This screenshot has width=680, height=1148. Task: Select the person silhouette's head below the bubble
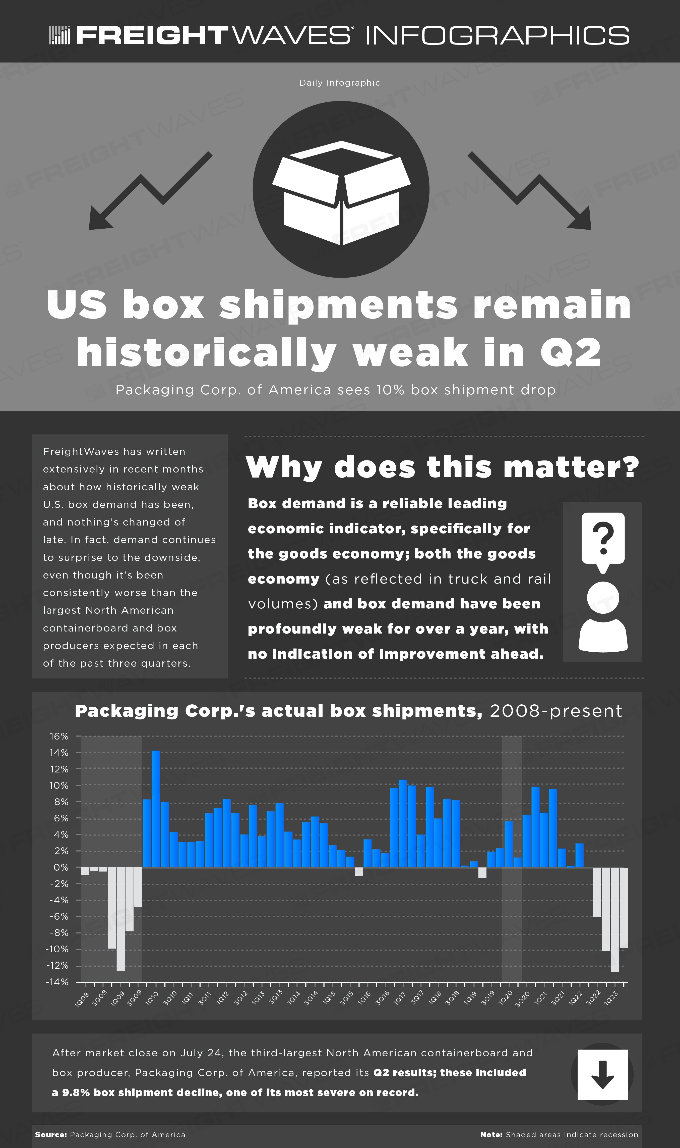tap(603, 597)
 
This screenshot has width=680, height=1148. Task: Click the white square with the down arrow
tap(602, 1074)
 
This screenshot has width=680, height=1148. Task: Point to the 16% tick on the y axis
tap(59, 736)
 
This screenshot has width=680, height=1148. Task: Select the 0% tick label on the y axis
tap(61, 867)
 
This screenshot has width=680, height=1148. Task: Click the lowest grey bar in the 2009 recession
tap(120, 919)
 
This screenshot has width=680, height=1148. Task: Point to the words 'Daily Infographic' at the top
tap(340, 83)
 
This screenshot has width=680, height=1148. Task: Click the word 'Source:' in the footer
tap(51, 1135)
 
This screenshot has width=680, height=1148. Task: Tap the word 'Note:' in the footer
tap(491, 1135)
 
